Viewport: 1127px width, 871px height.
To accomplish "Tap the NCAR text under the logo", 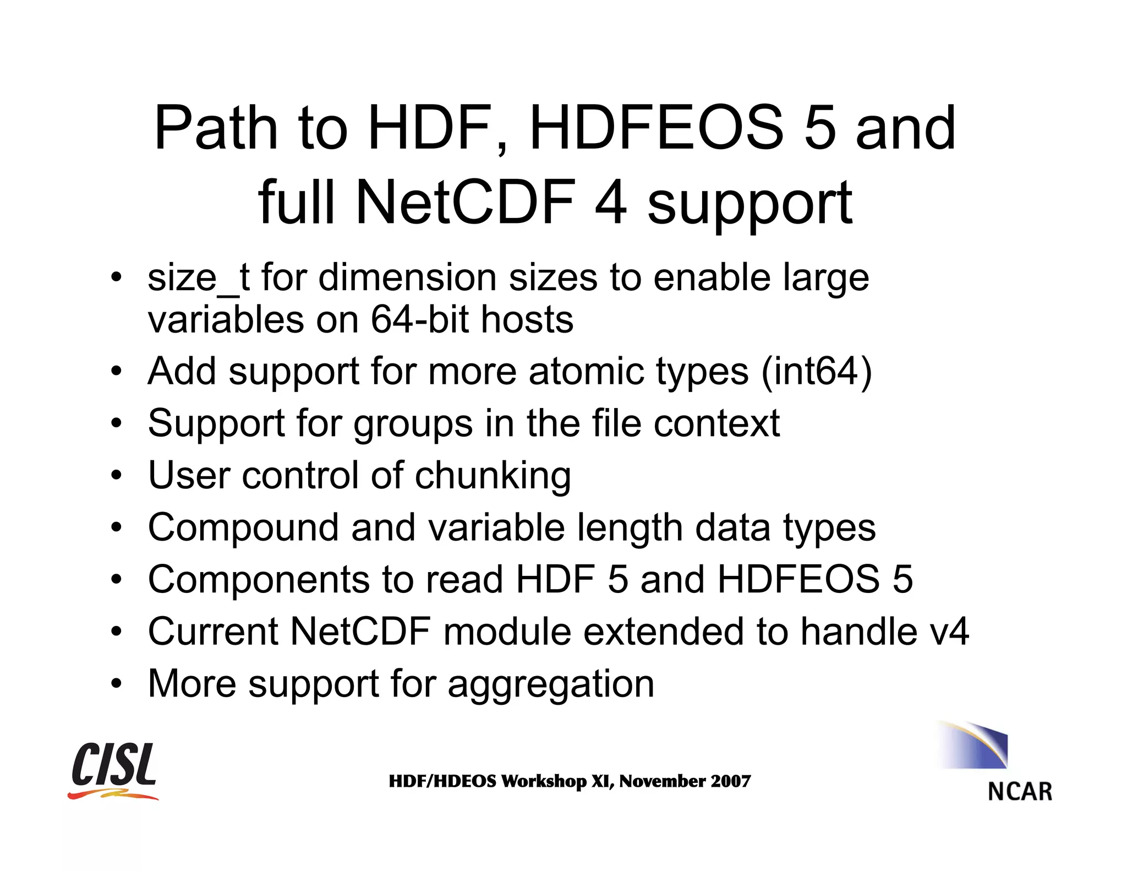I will coord(1020,792).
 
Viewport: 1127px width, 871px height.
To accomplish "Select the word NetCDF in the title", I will coord(466,203).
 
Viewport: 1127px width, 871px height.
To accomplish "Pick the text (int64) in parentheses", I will coord(817,371).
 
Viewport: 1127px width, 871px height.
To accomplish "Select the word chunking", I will coord(493,476).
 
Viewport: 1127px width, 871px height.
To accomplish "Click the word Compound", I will coord(243,527).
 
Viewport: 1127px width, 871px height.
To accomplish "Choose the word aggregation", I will coord(551,684).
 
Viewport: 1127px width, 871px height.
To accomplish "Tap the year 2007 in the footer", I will coord(730,781).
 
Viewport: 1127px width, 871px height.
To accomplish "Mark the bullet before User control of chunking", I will coord(116,475).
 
